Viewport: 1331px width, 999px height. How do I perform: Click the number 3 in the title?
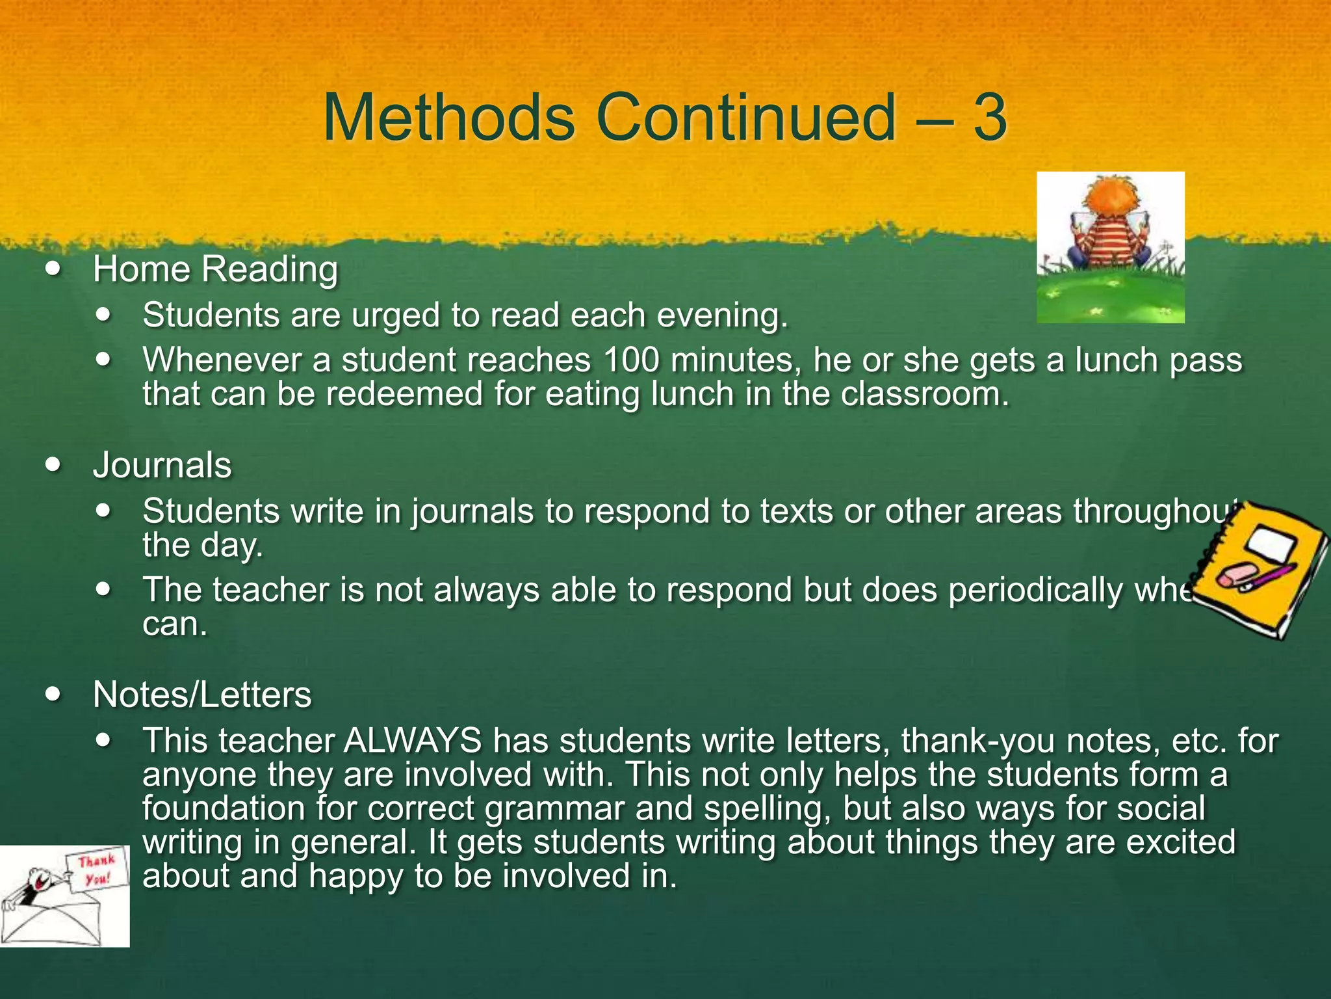point(990,118)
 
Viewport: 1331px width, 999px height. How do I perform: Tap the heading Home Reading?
point(215,269)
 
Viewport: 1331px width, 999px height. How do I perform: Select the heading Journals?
point(162,466)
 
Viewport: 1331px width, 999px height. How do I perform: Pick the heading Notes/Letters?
point(202,695)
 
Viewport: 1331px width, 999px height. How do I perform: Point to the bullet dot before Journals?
point(55,464)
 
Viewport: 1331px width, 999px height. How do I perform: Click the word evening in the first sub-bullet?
point(721,316)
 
